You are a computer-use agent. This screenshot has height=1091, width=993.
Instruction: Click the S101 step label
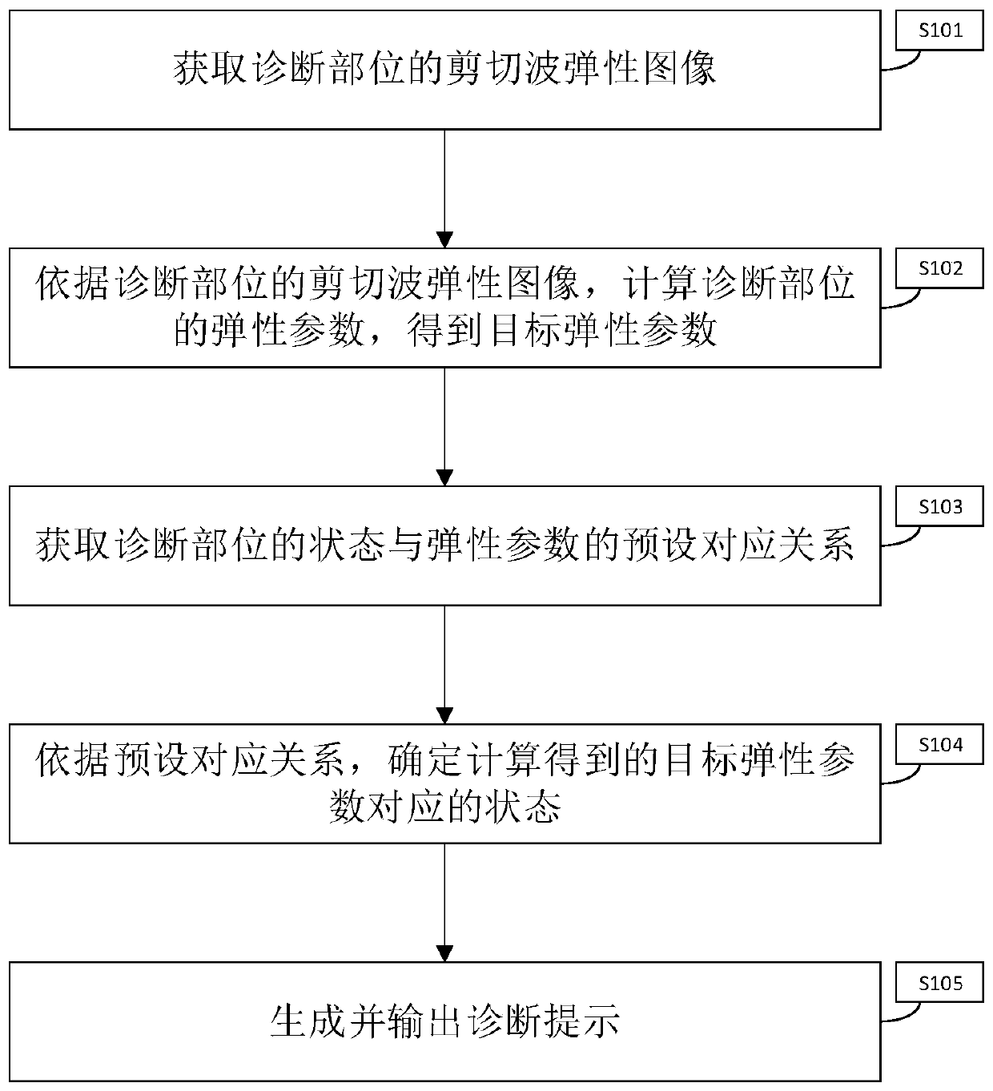coord(939,31)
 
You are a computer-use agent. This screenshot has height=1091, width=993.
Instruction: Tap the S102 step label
coord(939,269)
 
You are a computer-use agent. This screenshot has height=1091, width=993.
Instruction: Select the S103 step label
coord(939,507)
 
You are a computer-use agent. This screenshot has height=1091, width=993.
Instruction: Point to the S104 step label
coord(939,746)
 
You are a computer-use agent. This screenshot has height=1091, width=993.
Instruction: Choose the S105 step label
coord(939,984)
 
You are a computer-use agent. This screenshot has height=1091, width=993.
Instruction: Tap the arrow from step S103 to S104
coord(444,664)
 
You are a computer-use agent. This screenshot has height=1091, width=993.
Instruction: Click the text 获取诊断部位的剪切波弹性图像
coord(444,70)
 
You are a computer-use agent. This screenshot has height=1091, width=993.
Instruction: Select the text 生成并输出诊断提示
coord(444,1022)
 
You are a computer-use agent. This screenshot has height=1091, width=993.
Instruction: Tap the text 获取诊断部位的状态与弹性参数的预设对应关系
coord(444,546)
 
